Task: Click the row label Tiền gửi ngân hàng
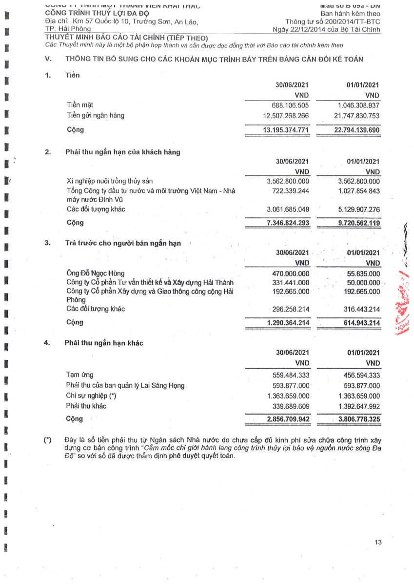coord(96,116)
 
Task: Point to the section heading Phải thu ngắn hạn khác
coord(104,343)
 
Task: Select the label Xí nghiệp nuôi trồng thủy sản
coord(110,181)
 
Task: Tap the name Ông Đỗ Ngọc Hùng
coord(96,273)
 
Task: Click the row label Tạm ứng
coord(80,375)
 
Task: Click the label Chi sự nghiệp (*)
coord(91,396)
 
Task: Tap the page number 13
coord(378,542)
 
